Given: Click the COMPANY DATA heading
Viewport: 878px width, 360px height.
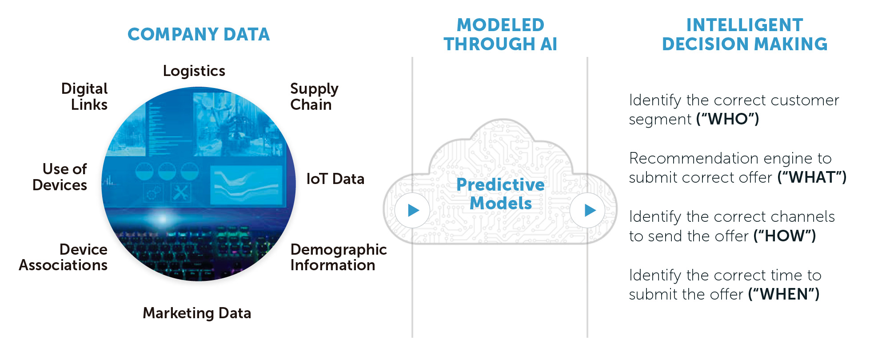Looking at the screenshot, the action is pos(199,34).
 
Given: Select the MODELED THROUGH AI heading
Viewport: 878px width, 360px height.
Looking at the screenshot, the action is pos(500,35).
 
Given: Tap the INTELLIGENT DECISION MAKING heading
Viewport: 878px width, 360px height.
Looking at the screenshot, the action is pos(745,35).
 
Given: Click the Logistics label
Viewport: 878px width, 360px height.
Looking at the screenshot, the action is pos(194,71).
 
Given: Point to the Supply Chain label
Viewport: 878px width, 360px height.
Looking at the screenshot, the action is pos(314,96).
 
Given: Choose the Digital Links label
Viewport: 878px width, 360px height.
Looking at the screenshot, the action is pos(84,96).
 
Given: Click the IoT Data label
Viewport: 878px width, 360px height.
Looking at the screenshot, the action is pos(335,179).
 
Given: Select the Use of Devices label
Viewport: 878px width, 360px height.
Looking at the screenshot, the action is pos(60,177).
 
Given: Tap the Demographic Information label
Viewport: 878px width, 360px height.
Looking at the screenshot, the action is pos(339,257).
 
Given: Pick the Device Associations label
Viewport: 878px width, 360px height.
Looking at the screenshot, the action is pos(63,257).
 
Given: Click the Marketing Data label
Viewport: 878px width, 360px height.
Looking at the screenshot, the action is pos(197,313).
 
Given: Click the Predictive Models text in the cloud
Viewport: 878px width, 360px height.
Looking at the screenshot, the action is pos(500,194).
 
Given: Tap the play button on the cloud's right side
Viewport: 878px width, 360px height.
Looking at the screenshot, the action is pos(587,210).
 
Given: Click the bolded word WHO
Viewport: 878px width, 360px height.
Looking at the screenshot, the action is pos(728,119).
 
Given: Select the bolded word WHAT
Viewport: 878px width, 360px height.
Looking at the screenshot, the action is pos(812,177).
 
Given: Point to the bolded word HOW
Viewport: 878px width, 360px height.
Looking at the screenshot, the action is pos(785,236).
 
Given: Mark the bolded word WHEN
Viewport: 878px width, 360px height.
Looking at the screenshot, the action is pos(784,294).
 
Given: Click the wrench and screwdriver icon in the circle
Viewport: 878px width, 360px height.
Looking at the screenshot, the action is pos(181,192).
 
